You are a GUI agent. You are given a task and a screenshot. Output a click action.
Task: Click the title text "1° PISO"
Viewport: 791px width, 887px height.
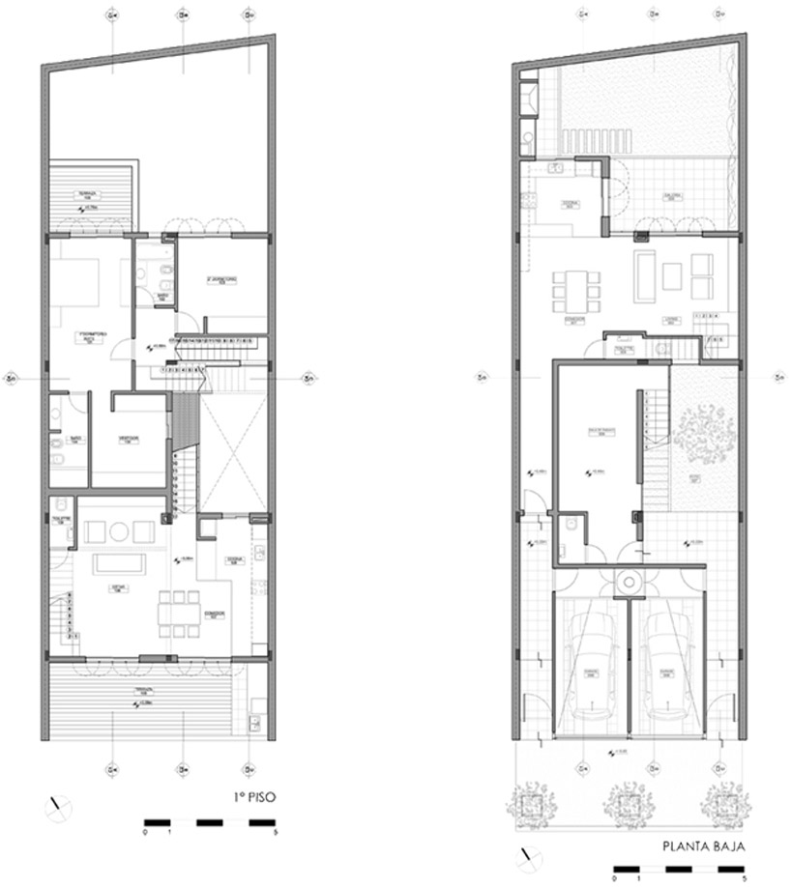[x=249, y=798]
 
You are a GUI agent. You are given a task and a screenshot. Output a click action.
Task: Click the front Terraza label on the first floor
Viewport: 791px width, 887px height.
[x=142, y=695]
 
